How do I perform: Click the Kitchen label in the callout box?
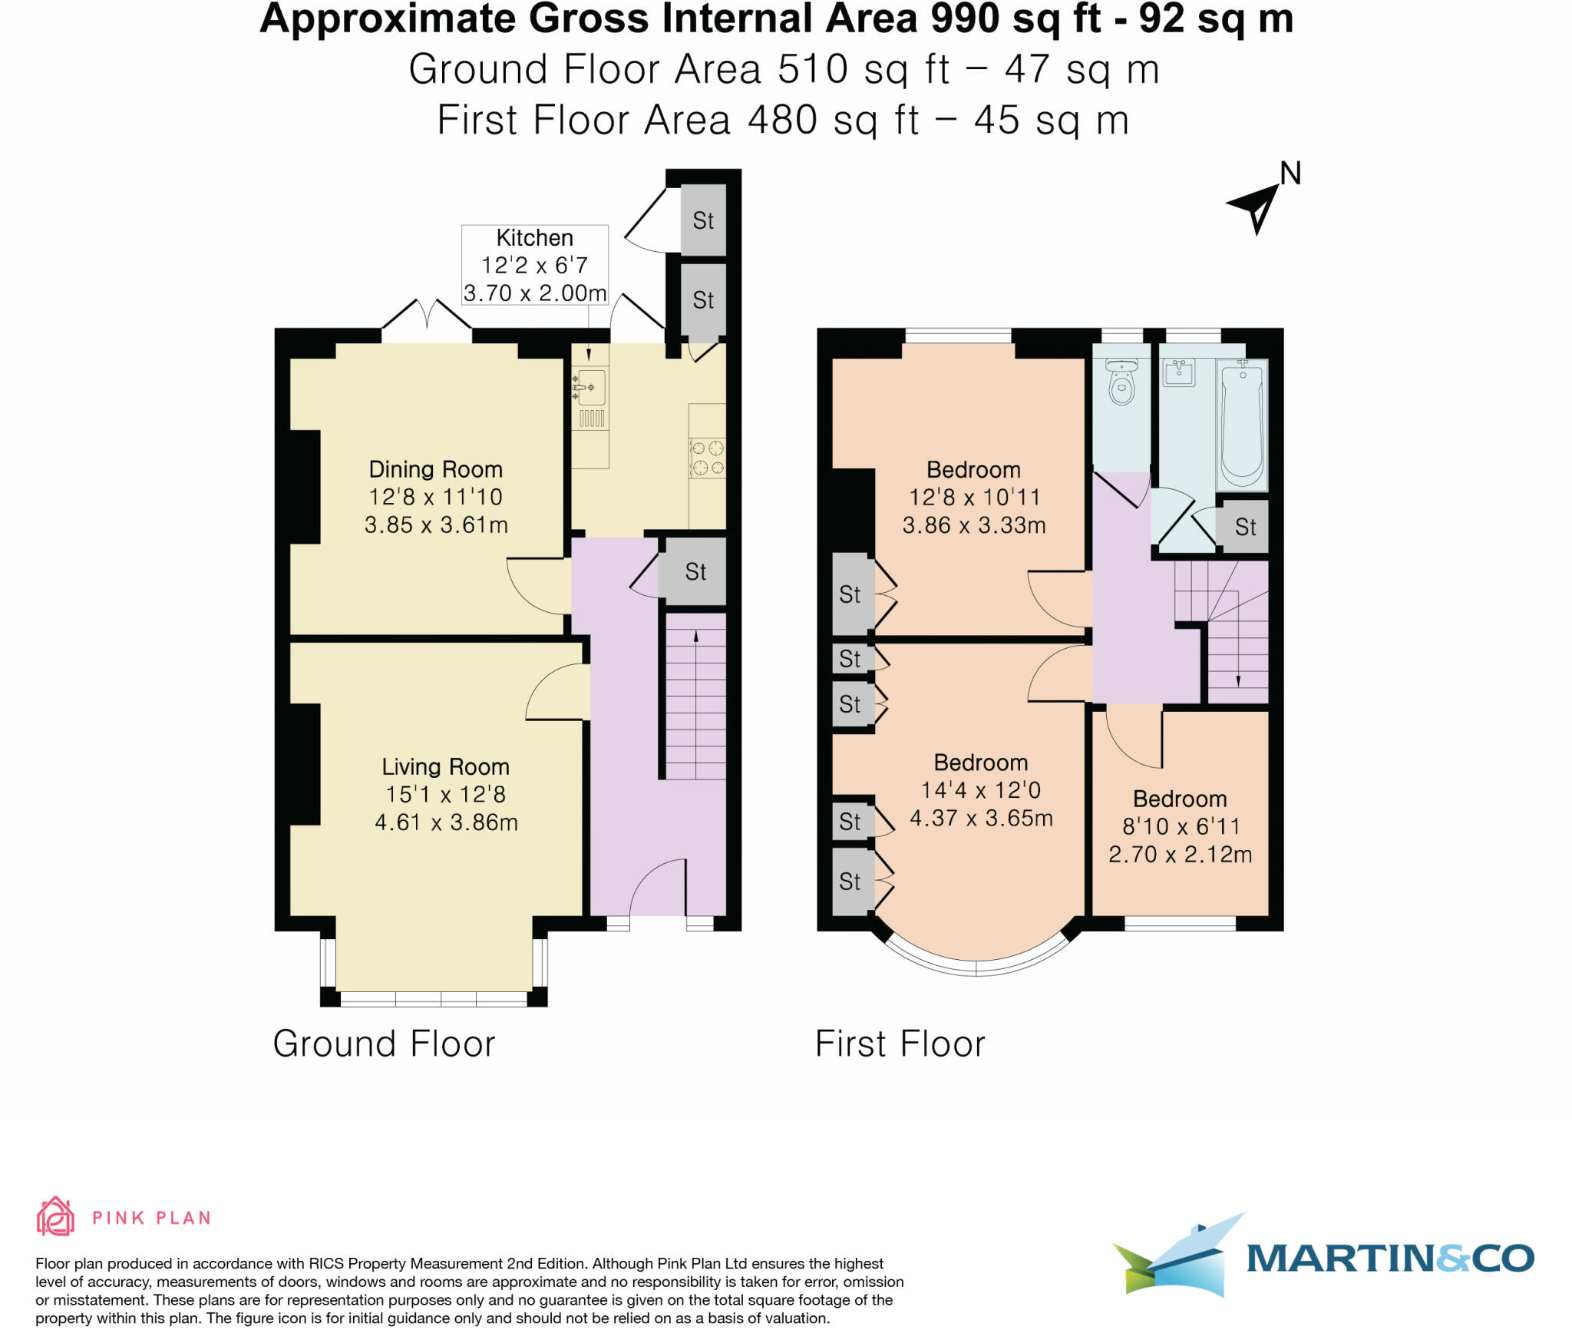(x=534, y=238)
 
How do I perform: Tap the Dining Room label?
(x=435, y=469)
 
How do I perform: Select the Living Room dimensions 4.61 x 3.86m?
(x=446, y=822)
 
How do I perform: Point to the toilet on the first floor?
(x=1121, y=382)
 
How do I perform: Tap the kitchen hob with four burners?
(x=707, y=458)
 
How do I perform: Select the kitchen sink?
(x=590, y=388)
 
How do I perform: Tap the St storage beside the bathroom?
(x=1245, y=527)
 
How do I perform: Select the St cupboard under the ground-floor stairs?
(x=695, y=571)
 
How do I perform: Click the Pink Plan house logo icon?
(x=55, y=1216)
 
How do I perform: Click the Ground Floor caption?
(x=384, y=1044)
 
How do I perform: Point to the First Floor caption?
(x=900, y=1044)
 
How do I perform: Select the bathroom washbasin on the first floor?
(x=1178, y=372)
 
